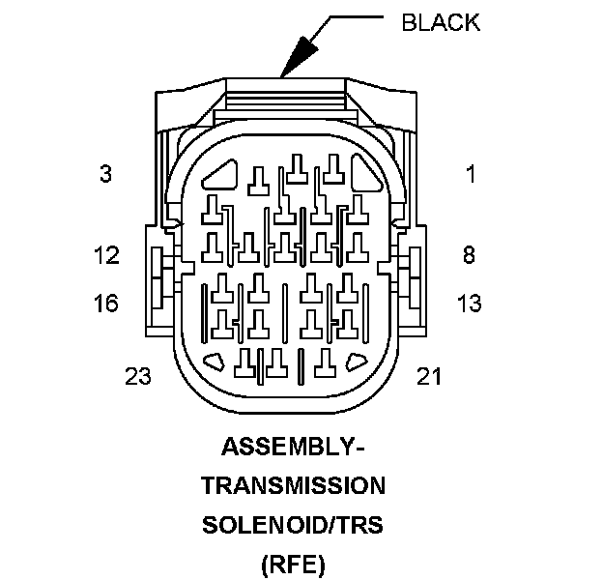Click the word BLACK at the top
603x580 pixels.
tap(441, 23)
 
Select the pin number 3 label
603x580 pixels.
tap(105, 175)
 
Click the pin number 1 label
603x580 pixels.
tap(471, 175)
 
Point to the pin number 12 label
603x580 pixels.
tap(106, 255)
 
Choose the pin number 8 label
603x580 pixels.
tap(469, 255)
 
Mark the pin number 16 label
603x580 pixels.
tap(106, 304)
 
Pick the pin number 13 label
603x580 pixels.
tap(469, 304)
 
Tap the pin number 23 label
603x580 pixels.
tap(138, 376)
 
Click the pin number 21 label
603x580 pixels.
tap(428, 376)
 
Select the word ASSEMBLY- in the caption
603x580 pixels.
tap(293, 448)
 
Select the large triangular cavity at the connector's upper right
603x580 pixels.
tap(366, 177)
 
